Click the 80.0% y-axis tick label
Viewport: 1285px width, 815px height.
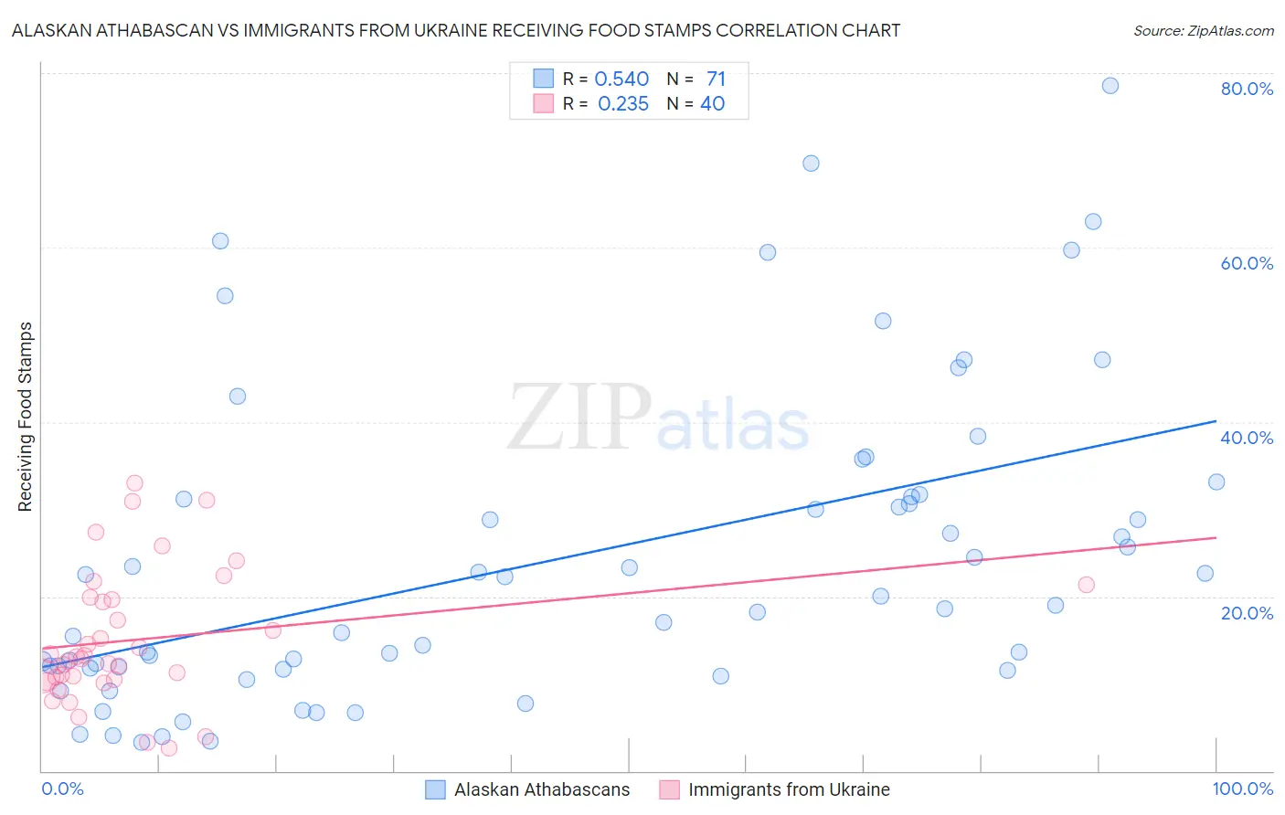1247,89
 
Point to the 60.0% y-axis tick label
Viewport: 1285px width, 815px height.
1247,263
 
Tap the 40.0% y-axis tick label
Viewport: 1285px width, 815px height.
1247,438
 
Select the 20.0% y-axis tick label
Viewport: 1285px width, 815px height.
1247,613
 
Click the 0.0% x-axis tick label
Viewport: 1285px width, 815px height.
62,789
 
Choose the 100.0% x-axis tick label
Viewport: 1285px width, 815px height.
1242,789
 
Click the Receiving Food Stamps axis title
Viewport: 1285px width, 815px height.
26,417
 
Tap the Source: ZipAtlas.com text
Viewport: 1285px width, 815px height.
1203,30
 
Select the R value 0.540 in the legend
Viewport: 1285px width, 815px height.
621,79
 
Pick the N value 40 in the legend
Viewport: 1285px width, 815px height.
712,104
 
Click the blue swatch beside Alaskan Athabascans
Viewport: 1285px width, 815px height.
436,790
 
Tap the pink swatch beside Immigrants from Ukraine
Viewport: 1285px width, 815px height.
670,790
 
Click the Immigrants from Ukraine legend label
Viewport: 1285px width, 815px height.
789,790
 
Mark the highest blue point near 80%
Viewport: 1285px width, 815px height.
1110,86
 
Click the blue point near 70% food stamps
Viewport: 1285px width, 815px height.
811,164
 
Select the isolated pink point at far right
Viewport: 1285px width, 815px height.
1086,585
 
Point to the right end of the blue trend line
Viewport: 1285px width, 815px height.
1216,421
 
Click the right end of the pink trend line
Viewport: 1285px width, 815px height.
1216,538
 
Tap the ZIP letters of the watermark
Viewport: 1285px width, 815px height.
579,417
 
